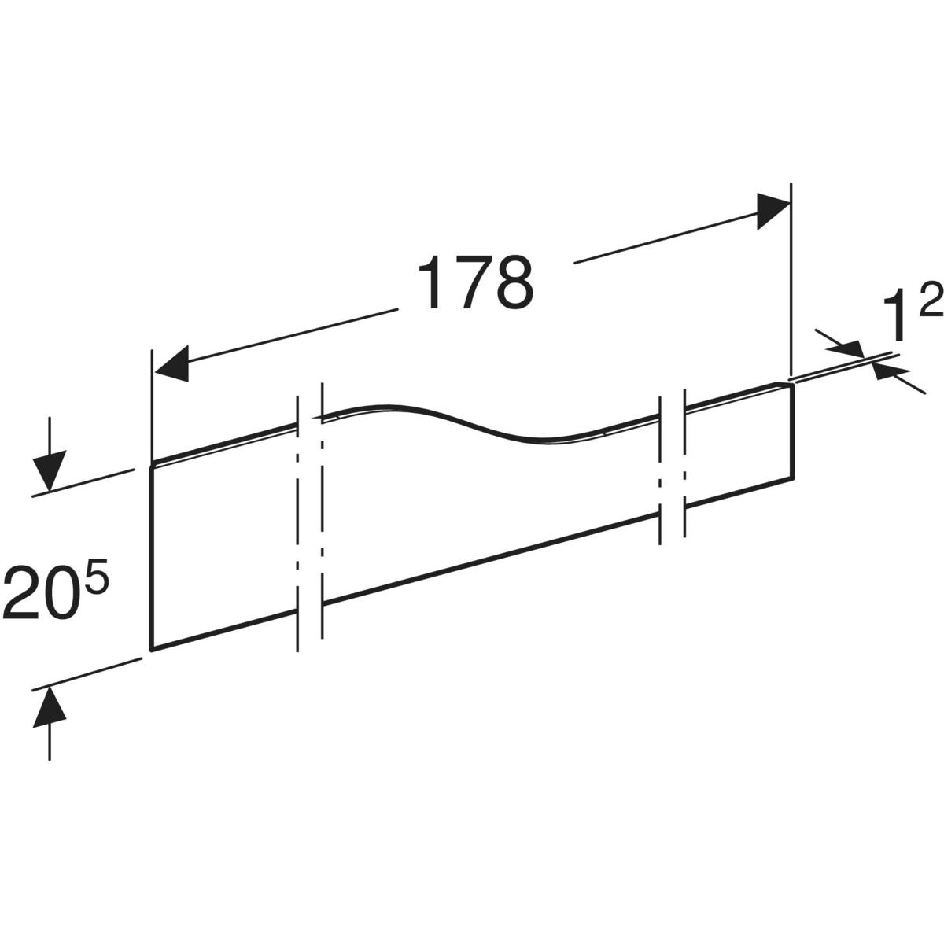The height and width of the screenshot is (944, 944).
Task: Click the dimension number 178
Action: pos(475,282)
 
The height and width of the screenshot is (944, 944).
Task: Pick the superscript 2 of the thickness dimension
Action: pos(931,297)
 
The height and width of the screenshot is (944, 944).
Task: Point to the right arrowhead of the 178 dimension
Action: pos(773,211)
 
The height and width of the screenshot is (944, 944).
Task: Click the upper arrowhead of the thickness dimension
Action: pos(846,348)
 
